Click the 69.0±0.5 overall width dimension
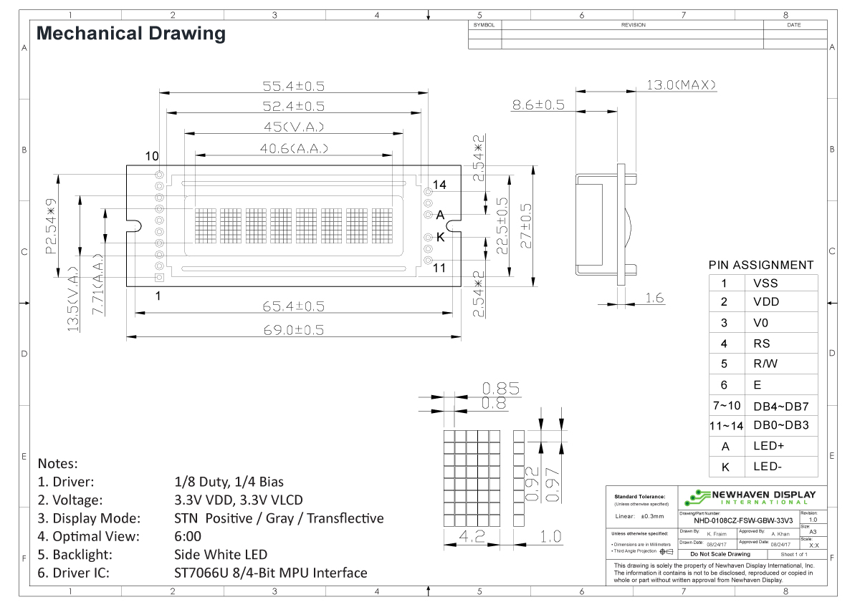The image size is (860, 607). [x=294, y=330]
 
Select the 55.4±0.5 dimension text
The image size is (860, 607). [x=293, y=86]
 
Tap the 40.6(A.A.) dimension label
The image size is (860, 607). [x=294, y=149]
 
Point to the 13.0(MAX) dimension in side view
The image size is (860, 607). [x=682, y=85]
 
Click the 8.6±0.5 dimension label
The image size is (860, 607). [x=538, y=105]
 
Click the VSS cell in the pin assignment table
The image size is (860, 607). [x=765, y=283]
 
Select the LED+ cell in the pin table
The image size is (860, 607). [x=768, y=446]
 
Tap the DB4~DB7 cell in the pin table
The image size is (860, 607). [x=780, y=406]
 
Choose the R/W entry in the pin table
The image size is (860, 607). [x=765, y=364]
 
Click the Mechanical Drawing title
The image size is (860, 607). [x=130, y=34]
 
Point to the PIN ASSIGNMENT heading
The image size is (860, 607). [x=761, y=265]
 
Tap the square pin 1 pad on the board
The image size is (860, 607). [x=159, y=277]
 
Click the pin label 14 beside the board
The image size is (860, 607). [x=439, y=185]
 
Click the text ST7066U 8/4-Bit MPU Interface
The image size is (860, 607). [x=271, y=573]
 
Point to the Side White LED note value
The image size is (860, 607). [x=221, y=555]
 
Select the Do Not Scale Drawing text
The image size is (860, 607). [x=720, y=554]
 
